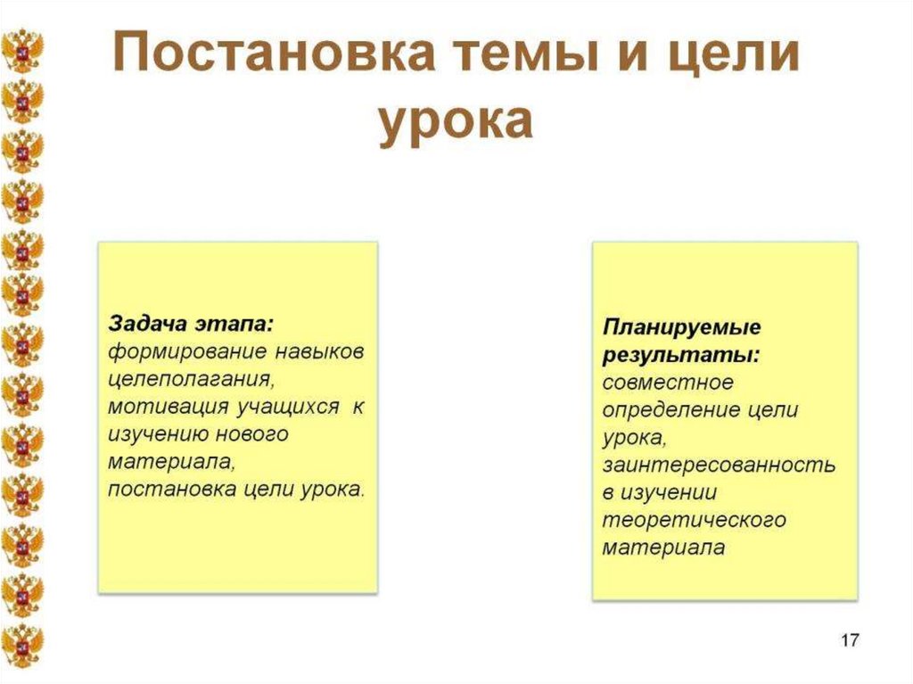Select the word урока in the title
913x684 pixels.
click(456, 122)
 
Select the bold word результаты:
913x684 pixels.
click(681, 355)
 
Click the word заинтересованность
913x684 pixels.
click(718, 465)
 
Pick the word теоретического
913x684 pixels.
click(693, 520)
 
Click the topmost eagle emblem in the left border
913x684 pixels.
click(22, 51)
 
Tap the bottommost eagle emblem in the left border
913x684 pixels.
click(22, 645)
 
